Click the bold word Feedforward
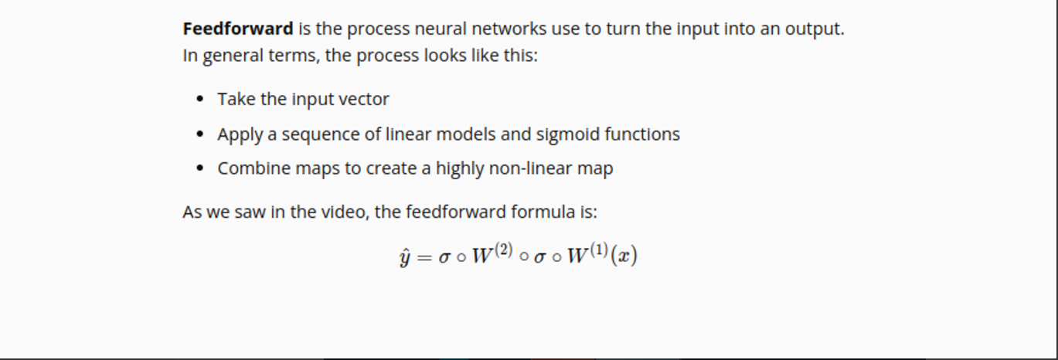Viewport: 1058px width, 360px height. click(x=238, y=29)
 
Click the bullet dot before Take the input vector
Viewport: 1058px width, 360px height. click(x=200, y=99)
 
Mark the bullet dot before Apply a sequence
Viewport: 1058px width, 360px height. click(x=200, y=134)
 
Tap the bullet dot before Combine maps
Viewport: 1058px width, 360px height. click(x=200, y=168)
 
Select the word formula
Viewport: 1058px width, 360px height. click(x=543, y=212)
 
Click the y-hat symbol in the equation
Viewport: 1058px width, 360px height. click(x=405, y=257)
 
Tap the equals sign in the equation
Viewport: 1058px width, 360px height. click(x=424, y=257)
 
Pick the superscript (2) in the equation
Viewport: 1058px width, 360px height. click(x=503, y=250)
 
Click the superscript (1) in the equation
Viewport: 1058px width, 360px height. click(x=599, y=250)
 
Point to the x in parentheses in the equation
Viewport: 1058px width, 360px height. click(x=624, y=256)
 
